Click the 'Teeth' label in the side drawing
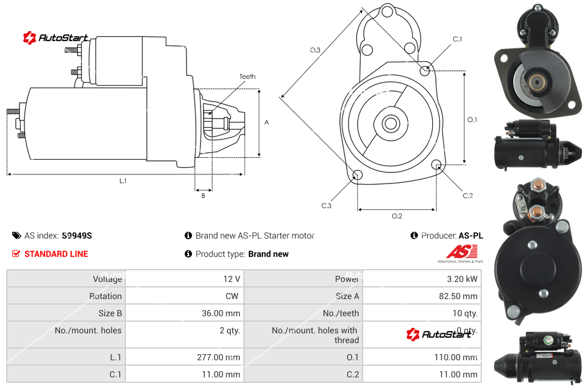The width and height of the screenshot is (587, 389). coord(247,76)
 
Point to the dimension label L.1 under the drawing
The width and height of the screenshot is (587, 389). coord(123,181)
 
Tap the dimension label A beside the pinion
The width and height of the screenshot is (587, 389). coord(267,122)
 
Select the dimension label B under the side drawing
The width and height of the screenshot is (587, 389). coord(204,196)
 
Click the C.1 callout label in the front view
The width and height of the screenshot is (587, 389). coord(457,39)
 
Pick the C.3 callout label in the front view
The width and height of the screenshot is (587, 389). coord(327,206)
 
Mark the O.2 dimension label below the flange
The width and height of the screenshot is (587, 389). coord(397,216)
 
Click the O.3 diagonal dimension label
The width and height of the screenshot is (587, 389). coord(315,50)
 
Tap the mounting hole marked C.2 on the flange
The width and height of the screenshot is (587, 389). coord(437,165)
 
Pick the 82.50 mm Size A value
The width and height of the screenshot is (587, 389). coord(458,296)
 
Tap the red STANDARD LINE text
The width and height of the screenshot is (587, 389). coord(56,254)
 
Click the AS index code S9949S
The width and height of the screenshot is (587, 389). coord(76,235)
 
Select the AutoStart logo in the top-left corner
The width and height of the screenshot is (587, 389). coord(56,38)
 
